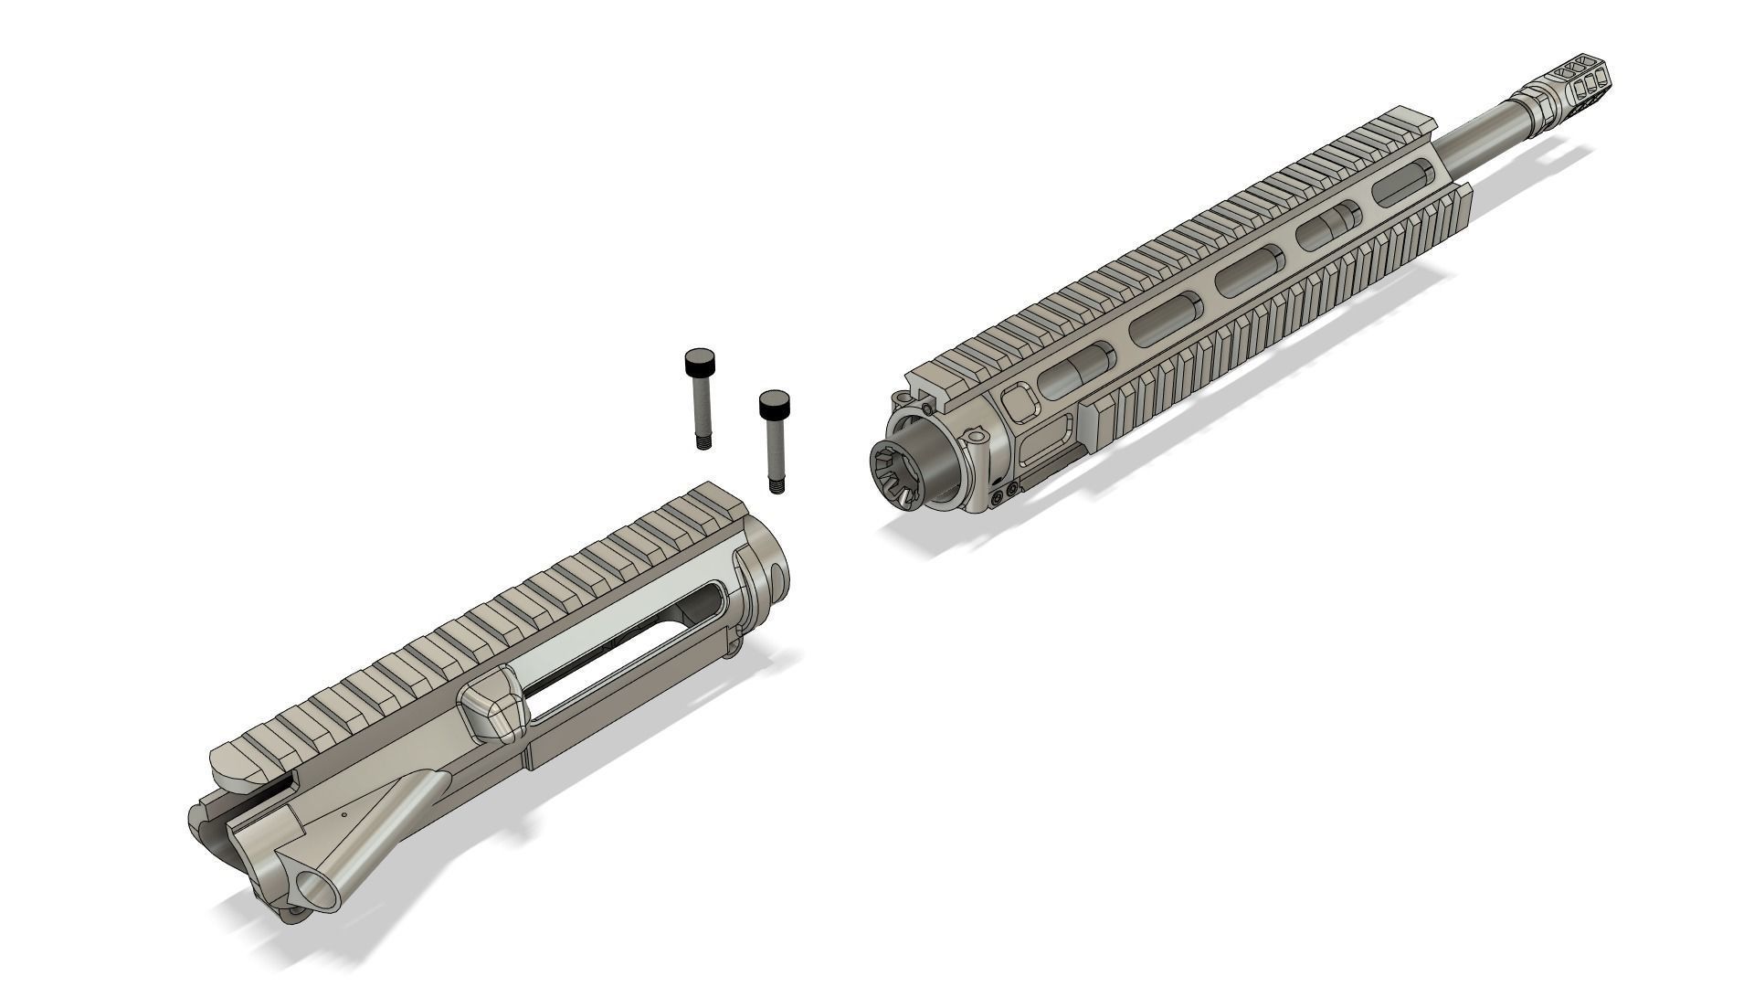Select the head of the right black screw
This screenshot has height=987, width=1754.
(776, 401)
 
